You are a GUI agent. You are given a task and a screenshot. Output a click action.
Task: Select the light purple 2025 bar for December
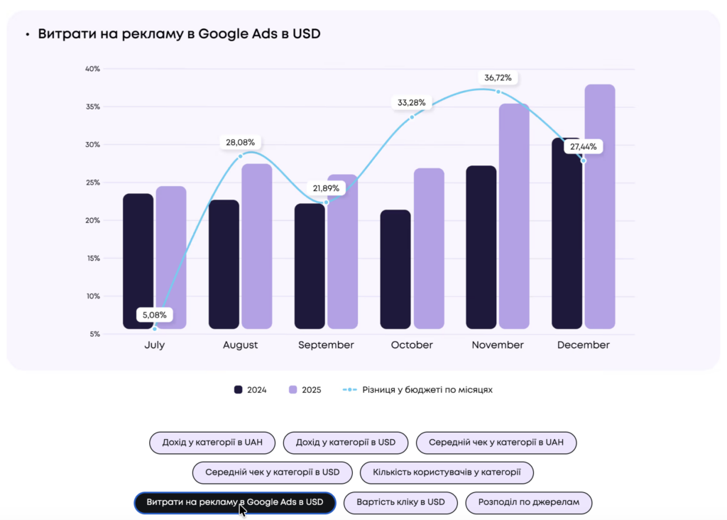pos(600,206)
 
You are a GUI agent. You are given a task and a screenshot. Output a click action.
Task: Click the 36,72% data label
pos(498,77)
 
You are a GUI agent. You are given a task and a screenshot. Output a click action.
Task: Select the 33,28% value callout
pos(412,102)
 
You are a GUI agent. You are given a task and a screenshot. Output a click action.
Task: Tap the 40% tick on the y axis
pos(92,69)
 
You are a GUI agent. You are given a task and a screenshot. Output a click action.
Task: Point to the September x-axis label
pos(326,345)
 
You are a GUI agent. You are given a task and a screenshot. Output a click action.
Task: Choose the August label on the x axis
pos(240,345)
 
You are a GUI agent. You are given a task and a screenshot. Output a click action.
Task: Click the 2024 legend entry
pos(250,390)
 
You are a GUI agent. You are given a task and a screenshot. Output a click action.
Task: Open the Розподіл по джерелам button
pos(529,502)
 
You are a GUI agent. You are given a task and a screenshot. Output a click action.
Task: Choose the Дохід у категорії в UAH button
pos(212,443)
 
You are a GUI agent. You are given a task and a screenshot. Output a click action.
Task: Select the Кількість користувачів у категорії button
pos(447,472)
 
